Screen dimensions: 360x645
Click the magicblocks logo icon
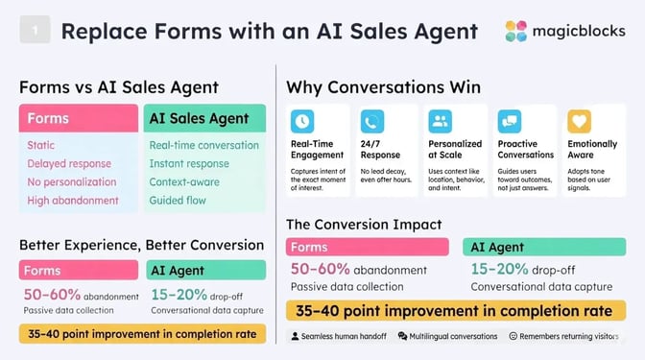tap(516, 32)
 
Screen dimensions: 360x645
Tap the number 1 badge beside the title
tap(35, 32)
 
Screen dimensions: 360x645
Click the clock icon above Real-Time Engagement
tap(302, 121)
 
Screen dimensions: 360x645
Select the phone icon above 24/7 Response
tap(371, 121)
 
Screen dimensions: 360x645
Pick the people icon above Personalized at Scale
tap(441, 121)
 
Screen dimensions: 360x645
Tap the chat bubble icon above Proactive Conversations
tap(509, 121)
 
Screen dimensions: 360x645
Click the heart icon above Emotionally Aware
tap(578, 121)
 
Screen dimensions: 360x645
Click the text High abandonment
tap(72, 201)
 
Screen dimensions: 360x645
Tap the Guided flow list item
tap(179, 201)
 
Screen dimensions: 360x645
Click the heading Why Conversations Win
tap(383, 87)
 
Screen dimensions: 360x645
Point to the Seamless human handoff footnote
tap(342, 336)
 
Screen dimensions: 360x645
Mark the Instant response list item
tap(189, 163)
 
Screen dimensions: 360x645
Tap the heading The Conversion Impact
tap(364, 225)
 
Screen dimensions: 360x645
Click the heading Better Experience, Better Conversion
tap(141, 244)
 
